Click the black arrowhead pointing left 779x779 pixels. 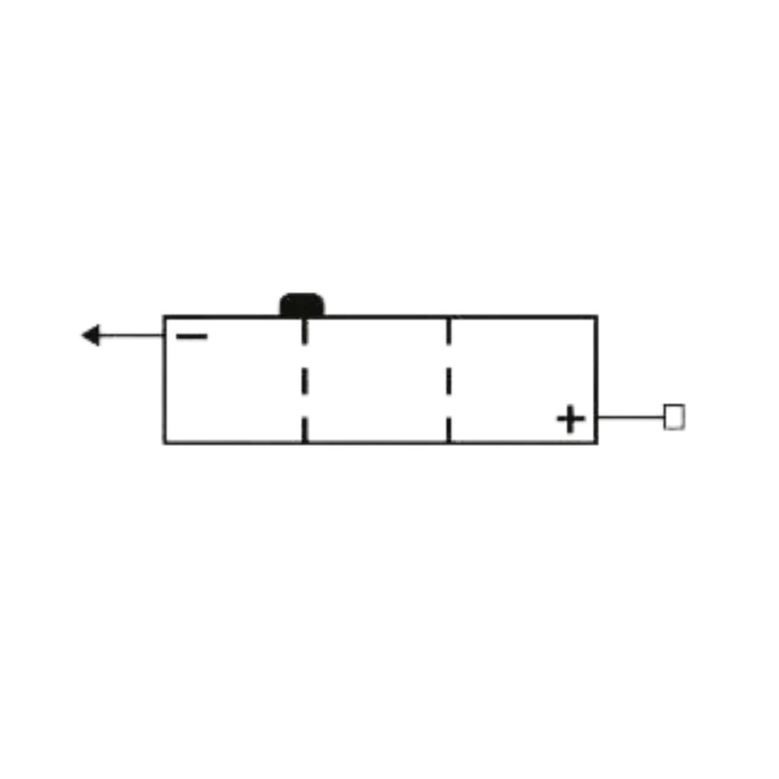[91, 335]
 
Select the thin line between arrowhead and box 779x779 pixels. [131, 335]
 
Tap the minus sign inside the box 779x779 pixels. [192, 336]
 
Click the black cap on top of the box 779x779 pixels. [302, 305]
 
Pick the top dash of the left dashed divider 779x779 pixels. [305, 332]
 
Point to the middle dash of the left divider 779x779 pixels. [305, 382]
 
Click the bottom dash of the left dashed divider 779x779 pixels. [305, 429]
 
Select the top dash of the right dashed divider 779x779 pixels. [449, 332]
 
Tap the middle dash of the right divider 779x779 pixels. [449, 382]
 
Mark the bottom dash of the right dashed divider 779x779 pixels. [449, 429]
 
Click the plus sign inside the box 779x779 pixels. [571, 419]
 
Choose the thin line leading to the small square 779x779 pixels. [631, 417]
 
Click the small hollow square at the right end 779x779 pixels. [674, 417]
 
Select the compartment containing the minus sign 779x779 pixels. [234, 380]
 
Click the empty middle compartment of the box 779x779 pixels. [377, 380]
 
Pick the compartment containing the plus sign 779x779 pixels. [523, 380]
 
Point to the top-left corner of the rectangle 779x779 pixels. [165, 316]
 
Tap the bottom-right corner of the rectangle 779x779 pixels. [597, 442]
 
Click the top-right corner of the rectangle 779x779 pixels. [597, 316]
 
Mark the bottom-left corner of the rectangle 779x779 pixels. [165, 442]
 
